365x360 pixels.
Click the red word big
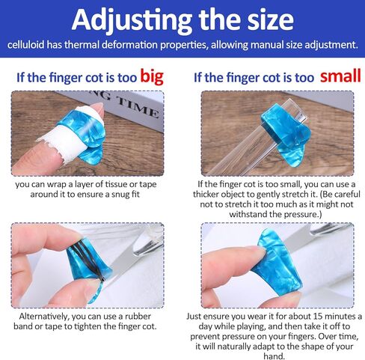tap(152, 77)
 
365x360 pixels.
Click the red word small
tap(340, 76)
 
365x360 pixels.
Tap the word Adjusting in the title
tap(132, 19)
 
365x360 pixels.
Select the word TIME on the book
tap(138, 109)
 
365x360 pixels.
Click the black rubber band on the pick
tap(88, 260)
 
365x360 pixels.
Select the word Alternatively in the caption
tap(43, 317)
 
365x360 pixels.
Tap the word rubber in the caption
tap(138, 317)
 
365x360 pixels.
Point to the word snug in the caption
tap(119, 195)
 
